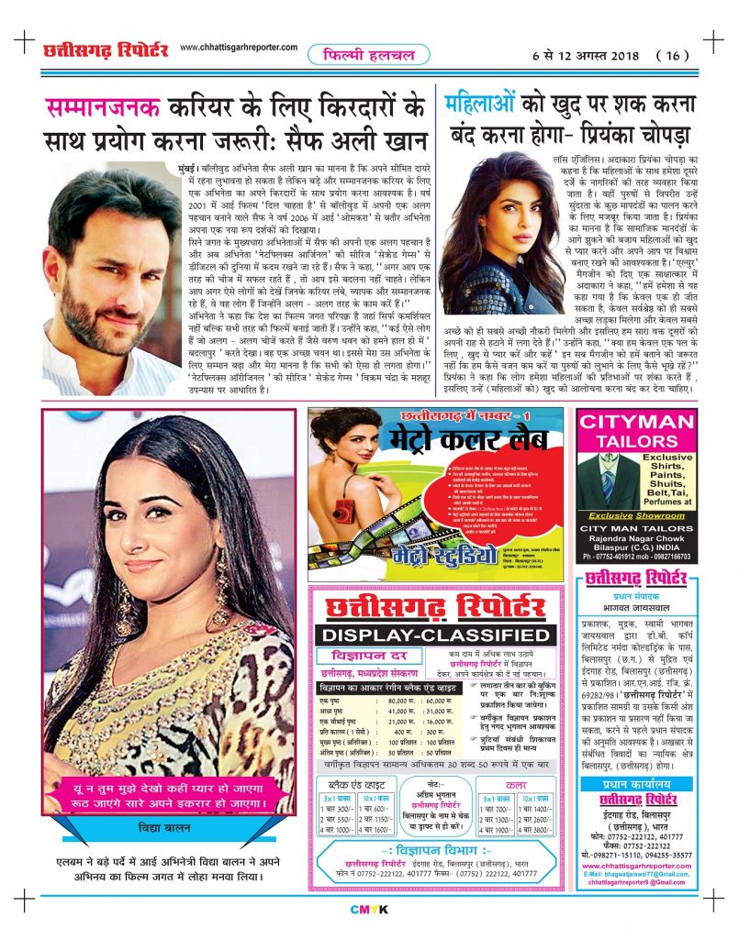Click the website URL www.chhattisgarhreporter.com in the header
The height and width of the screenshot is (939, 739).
click(240, 48)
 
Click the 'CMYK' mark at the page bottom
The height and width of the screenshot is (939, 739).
click(369, 909)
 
